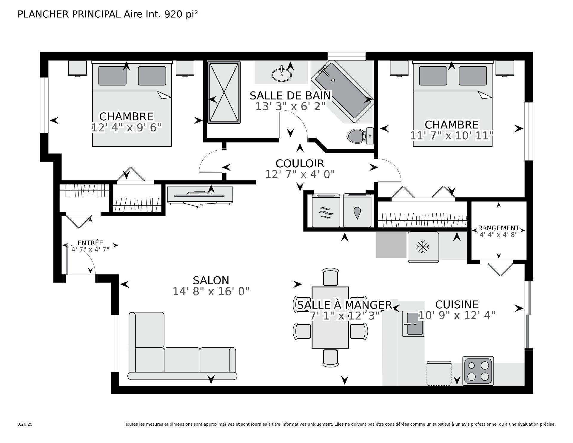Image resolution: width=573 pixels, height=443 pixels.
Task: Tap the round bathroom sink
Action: point(282,74)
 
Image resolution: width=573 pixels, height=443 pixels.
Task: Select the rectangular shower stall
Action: point(224,92)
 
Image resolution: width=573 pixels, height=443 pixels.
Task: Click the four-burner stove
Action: point(478,371)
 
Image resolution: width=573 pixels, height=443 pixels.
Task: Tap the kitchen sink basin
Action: point(413,324)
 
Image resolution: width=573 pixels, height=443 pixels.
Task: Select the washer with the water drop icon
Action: point(357,211)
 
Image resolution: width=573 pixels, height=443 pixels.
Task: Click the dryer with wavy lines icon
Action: point(326,211)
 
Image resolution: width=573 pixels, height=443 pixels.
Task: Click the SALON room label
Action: point(211,280)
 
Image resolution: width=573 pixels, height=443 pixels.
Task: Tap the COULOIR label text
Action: point(300,164)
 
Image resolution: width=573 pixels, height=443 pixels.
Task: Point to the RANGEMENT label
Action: point(498,228)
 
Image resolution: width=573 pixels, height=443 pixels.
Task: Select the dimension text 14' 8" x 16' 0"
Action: point(211,292)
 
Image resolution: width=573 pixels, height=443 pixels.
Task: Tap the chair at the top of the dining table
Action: point(330,277)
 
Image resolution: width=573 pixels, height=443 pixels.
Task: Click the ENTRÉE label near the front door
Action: point(90,243)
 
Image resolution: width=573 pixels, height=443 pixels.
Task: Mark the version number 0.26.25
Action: point(25,424)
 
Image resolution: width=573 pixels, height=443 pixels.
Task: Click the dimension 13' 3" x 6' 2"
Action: point(290,107)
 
